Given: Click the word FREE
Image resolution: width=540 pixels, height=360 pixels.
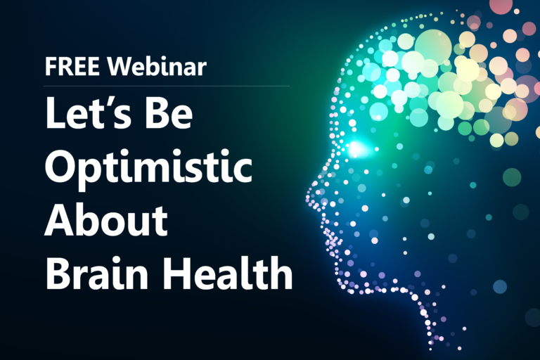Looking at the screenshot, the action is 72,66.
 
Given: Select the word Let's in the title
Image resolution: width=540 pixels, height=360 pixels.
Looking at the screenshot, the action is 88,113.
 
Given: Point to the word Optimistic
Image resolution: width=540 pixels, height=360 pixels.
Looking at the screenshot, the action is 148,167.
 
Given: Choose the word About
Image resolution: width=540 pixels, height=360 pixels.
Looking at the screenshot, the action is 106,220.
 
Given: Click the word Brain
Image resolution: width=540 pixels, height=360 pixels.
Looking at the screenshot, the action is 96,274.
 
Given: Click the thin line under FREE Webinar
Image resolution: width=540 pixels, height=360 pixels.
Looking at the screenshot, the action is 167,86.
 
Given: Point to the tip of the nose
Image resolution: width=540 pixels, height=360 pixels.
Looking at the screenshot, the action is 307,198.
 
